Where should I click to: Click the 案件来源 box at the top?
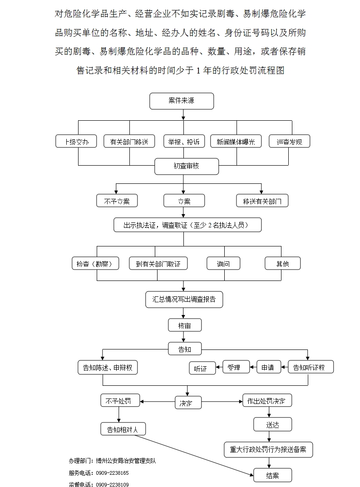181,101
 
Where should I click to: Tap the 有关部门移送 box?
129,142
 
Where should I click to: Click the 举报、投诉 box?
184,142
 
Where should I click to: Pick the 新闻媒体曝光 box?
236,142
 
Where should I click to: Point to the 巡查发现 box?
289,142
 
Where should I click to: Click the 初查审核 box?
186,166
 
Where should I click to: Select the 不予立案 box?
117,201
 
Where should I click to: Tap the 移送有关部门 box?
262,201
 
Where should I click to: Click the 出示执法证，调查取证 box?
187,225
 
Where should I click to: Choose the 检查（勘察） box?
95,263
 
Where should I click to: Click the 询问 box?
223,263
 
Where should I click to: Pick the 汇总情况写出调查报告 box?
184,300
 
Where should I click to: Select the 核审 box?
184,325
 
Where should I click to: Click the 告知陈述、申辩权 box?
108,367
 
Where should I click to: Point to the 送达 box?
272,424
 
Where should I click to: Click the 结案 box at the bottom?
272,475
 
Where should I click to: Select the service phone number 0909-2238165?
112,473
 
